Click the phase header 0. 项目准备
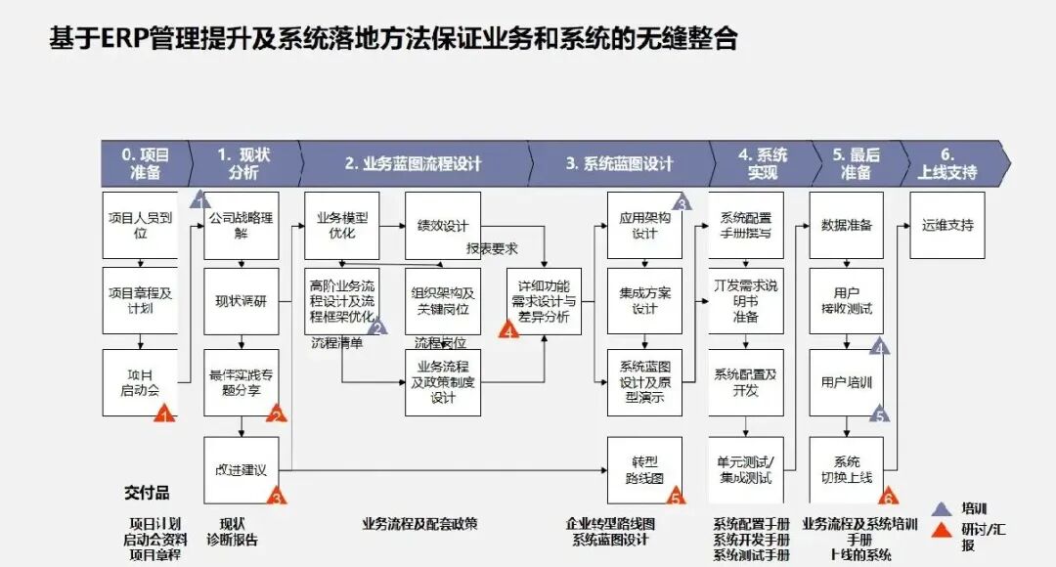(145, 163)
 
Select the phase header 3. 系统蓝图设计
(619, 163)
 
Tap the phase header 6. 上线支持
(947, 163)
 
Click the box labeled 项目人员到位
(141, 225)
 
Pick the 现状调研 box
(241, 301)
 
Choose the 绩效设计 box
(443, 226)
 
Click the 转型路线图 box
(644, 469)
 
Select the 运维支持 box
(946, 225)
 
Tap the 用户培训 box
(846, 382)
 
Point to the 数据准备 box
(846, 225)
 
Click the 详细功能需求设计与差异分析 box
(543, 301)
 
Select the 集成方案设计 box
(644, 301)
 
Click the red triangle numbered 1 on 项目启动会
(164, 414)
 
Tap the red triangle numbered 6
(889, 497)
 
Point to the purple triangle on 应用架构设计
(682, 201)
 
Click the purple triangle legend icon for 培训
(941, 509)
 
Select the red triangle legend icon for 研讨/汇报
(941, 531)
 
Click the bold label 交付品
(147, 491)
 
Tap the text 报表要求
(492, 248)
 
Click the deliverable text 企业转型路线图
(611, 524)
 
